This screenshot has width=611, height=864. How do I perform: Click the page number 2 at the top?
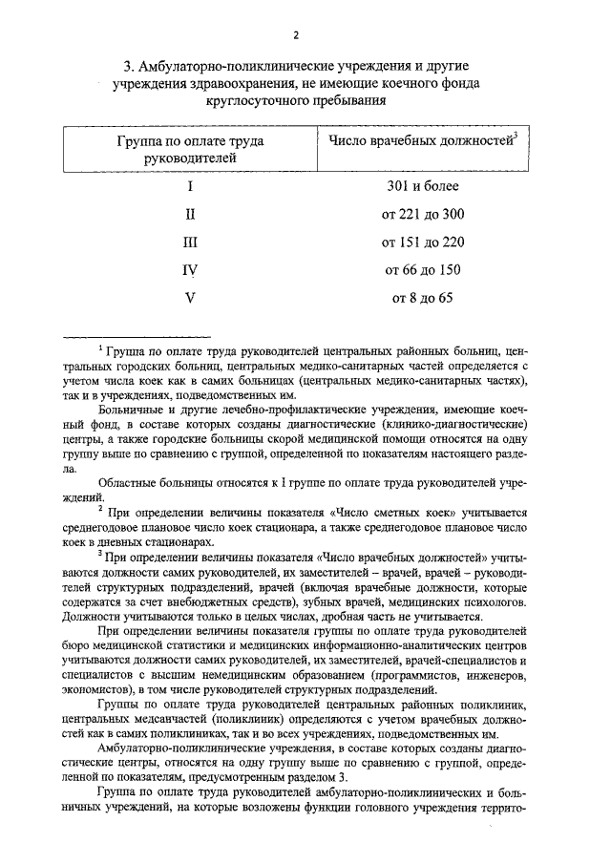click(296, 35)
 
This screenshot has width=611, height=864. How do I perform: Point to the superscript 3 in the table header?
click(515, 137)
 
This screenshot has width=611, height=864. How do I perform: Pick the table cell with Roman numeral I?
click(190, 187)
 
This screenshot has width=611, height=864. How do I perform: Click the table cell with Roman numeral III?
click(190, 242)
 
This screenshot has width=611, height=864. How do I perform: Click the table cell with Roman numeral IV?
click(190, 270)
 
